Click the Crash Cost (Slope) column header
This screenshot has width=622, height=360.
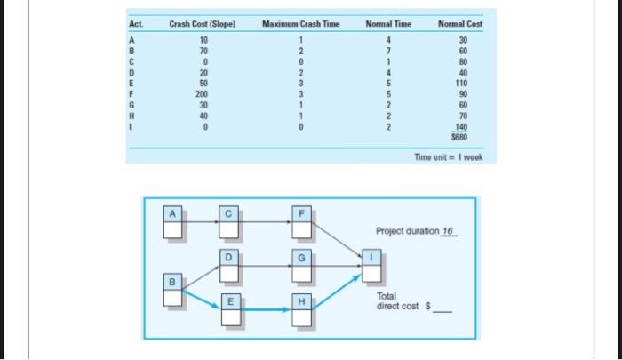(202, 23)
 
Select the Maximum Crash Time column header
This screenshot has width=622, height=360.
(301, 23)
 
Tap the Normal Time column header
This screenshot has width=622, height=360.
(388, 23)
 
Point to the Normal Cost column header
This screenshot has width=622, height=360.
(460, 23)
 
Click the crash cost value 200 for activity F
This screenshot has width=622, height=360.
(203, 92)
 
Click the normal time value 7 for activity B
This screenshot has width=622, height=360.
(388, 52)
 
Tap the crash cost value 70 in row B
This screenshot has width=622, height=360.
(203, 52)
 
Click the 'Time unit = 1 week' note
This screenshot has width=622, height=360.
(449, 157)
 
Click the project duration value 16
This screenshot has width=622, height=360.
(448, 231)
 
